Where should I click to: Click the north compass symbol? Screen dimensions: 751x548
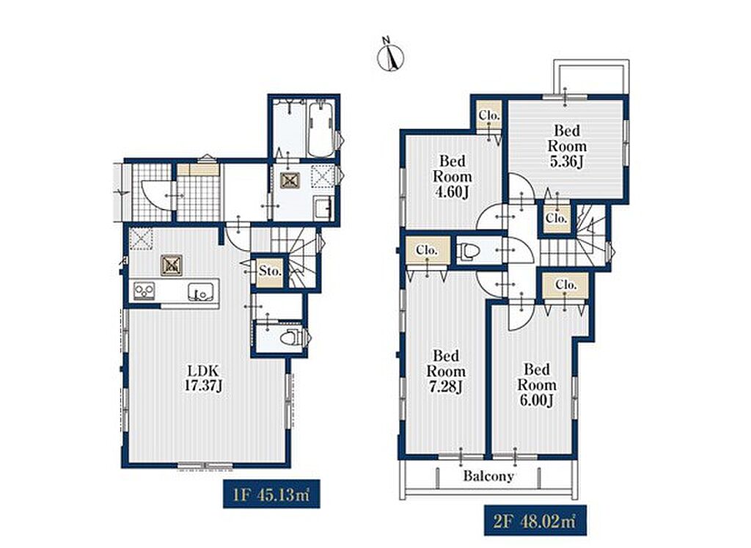click(390, 56)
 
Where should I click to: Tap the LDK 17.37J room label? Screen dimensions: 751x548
click(203, 378)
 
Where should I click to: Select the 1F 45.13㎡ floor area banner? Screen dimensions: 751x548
click(271, 494)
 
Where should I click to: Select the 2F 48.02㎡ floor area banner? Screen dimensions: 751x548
click(535, 519)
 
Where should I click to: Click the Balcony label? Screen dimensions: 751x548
click(488, 475)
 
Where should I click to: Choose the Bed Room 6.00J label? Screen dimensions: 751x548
click(536, 384)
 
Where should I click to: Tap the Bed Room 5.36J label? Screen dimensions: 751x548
click(567, 146)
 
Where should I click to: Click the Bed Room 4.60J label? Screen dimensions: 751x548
click(452, 176)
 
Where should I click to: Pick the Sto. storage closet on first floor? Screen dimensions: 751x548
click(270, 271)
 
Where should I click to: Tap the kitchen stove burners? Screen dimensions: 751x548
click(144, 291)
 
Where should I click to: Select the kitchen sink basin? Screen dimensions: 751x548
click(200, 291)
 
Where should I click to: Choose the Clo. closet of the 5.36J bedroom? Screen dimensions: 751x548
click(557, 218)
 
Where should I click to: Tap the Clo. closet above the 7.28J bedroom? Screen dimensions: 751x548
click(428, 251)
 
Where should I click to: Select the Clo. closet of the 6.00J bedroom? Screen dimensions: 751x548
click(565, 285)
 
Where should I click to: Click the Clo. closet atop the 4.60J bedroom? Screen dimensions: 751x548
click(489, 115)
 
